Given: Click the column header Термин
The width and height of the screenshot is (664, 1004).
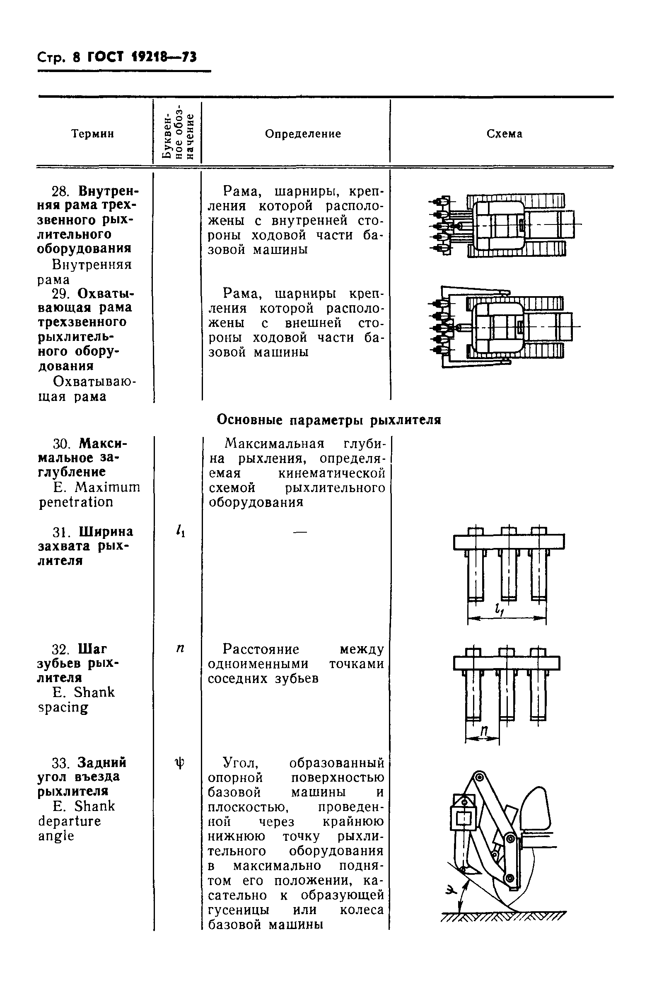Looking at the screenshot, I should [93, 134].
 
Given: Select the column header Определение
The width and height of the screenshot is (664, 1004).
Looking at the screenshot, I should [303, 134].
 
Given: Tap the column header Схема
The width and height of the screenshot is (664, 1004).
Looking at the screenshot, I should [505, 134].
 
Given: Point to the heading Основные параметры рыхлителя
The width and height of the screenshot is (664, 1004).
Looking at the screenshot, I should [328, 420].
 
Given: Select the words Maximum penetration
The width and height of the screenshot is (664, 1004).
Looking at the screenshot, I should [89, 495].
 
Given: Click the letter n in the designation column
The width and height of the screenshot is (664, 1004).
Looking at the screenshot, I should [180, 648].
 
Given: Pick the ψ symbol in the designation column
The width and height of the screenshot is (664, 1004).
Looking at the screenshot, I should [179, 763].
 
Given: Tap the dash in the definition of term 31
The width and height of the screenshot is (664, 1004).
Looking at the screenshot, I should [300, 532].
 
